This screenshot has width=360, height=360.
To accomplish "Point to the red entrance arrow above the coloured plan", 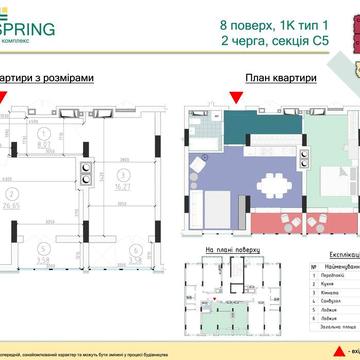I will coord(236,96).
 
